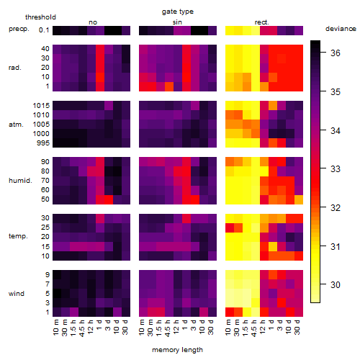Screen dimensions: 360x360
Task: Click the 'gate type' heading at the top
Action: click(x=178, y=12)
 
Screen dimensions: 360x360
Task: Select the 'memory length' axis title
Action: click(x=177, y=350)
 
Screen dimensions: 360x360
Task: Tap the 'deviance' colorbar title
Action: click(x=341, y=29)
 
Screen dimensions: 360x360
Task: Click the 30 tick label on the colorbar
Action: click(x=336, y=285)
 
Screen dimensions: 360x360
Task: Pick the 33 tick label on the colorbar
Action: click(x=336, y=169)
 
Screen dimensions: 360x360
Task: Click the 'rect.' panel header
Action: click(x=261, y=22)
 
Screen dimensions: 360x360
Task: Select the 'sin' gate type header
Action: click(x=177, y=22)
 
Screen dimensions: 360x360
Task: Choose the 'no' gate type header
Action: click(x=93, y=22)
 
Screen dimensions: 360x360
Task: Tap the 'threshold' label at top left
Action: click(x=40, y=17)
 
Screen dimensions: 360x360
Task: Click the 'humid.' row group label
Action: click(x=20, y=181)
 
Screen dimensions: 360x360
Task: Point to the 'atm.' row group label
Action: click(x=16, y=125)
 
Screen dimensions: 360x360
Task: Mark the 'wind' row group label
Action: click(x=17, y=294)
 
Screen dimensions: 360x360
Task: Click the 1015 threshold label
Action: click(x=41, y=106)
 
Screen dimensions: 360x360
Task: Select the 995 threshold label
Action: click(x=43, y=143)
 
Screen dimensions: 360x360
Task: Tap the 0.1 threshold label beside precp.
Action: click(x=44, y=30)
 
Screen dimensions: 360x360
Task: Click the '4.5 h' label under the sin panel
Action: click(x=167, y=328)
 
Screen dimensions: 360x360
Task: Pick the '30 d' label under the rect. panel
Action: click(x=297, y=327)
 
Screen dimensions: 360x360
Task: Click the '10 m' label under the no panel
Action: click(x=55, y=328)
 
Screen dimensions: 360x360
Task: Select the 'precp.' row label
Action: click(x=19, y=29)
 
